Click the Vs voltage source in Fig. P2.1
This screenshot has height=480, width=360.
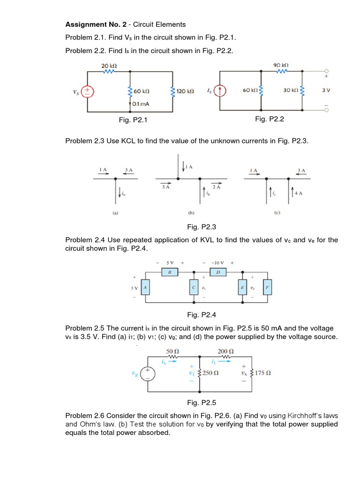(x=88, y=91)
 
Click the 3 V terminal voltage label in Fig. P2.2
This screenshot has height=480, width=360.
(x=326, y=90)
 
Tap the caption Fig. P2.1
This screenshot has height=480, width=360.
(x=133, y=120)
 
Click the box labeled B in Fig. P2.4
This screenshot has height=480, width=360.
(x=170, y=272)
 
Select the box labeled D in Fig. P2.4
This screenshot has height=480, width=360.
(x=218, y=272)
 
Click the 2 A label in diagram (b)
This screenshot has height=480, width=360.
(x=216, y=187)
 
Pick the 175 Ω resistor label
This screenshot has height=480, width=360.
(x=263, y=373)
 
